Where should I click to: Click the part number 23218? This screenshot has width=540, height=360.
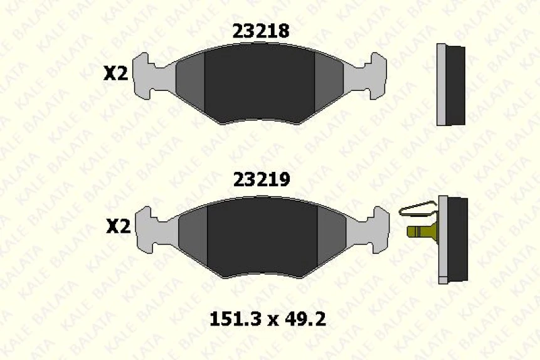(261, 31)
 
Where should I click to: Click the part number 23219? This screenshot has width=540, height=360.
(262, 179)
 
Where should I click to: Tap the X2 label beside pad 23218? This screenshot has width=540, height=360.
(115, 73)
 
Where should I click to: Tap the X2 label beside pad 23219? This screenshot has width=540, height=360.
(118, 226)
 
